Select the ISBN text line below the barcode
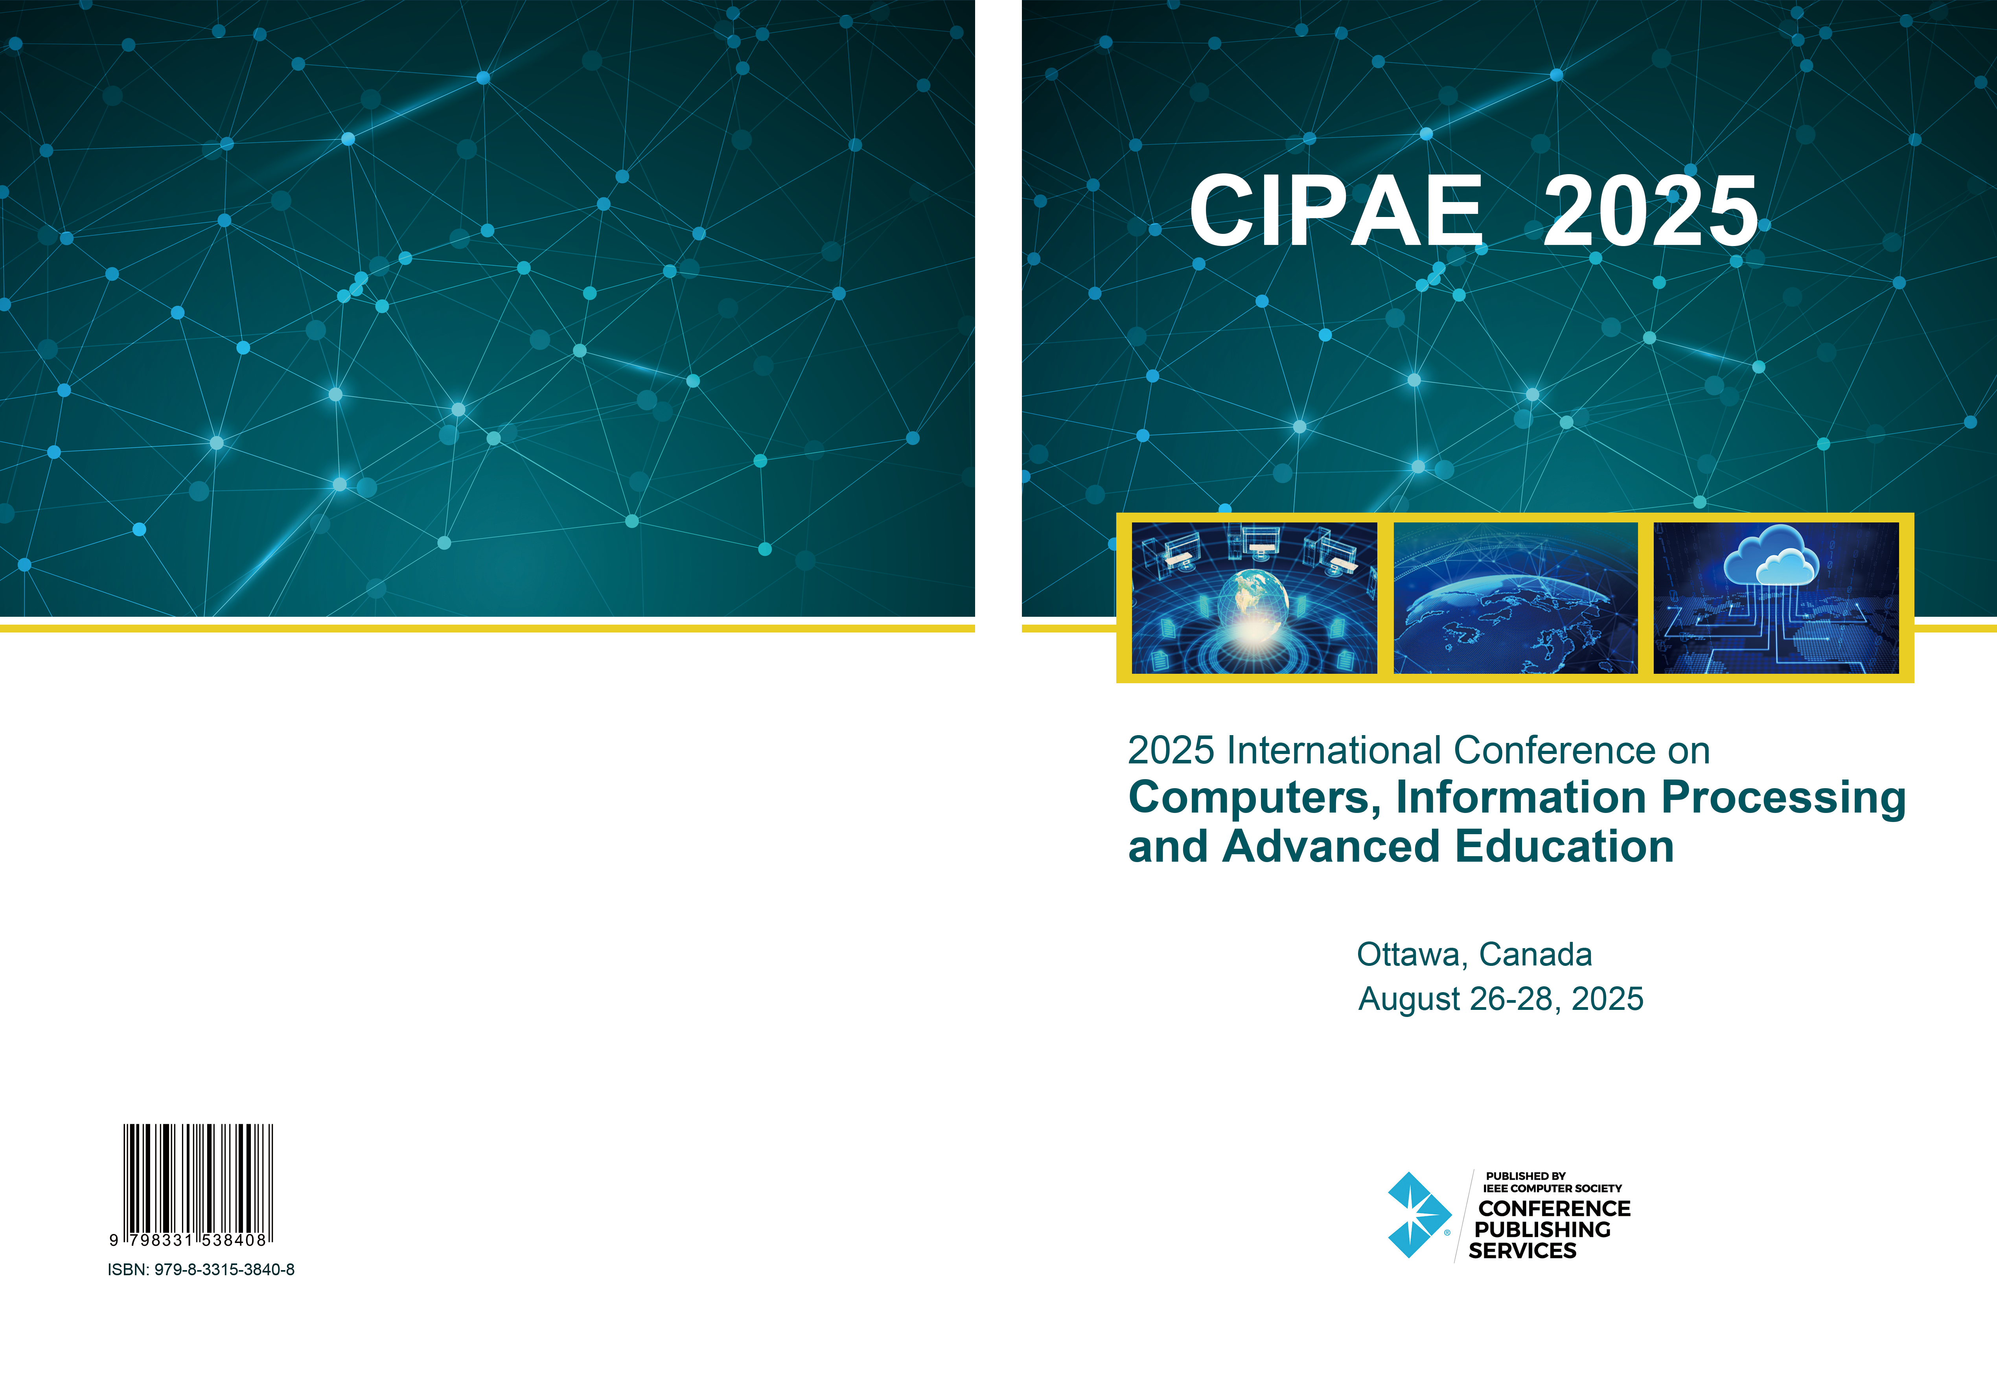point(201,1269)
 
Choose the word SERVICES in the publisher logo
point(1522,1250)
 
